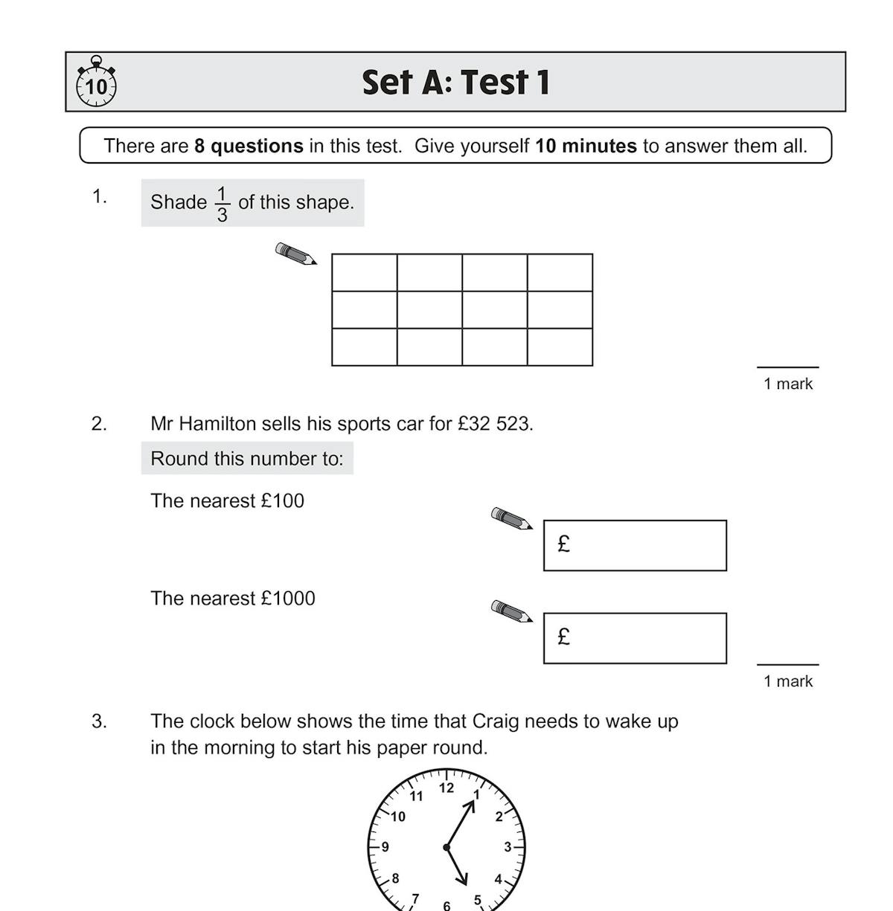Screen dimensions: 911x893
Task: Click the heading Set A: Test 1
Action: pyautogui.click(x=455, y=83)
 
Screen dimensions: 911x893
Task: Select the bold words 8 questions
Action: pyautogui.click(x=249, y=146)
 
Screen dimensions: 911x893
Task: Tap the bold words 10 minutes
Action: pyautogui.click(x=586, y=146)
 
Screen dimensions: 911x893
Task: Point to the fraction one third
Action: pyautogui.click(x=222, y=204)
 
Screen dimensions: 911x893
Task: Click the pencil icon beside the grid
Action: pyautogui.click(x=295, y=254)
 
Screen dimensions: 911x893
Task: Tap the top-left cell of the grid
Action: pyautogui.click(x=365, y=273)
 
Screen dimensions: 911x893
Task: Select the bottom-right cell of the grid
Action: pyautogui.click(x=560, y=347)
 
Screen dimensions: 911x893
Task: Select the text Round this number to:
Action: pyautogui.click(x=247, y=459)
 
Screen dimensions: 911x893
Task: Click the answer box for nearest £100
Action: pyautogui.click(x=635, y=546)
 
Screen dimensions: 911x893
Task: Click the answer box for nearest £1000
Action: pyautogui.click(x=635, y=638)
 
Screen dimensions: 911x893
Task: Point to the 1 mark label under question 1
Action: pyautogui.click(x=788, y=384)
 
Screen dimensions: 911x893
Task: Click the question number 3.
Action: pyautogui.click(x=99, y=721)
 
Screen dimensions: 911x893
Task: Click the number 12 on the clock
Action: pyautogui.click(x=446, y=788)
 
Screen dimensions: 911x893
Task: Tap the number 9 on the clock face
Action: pyautogui.click(x=385, y=846)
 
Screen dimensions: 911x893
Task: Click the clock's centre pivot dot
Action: pyautogui.click(x=446, y=847)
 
